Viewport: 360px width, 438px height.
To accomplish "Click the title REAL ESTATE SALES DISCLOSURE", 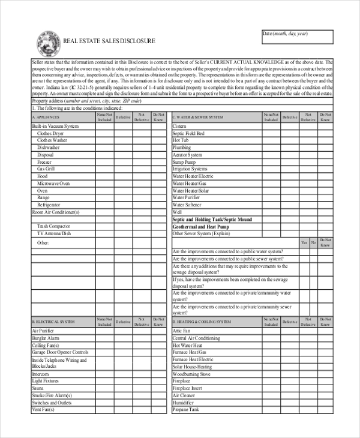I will point(109,41).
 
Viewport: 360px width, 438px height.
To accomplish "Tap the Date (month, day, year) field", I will point(296,37).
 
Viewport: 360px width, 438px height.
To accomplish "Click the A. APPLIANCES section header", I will point(46,118).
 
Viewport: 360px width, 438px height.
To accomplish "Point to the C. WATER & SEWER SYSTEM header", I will point(198,118).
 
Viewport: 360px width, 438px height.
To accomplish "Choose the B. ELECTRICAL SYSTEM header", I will point(53,322).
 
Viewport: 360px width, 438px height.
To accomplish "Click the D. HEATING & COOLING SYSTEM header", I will point(202,322).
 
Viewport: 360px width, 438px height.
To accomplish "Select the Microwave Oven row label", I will point(53,183).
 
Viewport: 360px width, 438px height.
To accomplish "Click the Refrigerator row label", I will point(49,205).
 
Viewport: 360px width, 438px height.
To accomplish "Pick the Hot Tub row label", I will point(181,140).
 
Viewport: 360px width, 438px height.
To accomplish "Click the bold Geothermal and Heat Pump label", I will point(200,227).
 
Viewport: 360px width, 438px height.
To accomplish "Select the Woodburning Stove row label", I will point(192,374).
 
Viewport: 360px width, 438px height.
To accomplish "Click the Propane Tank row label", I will point(185,410).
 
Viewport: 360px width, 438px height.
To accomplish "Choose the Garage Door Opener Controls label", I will point(60,352).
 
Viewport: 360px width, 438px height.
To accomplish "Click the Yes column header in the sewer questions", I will point(304,242).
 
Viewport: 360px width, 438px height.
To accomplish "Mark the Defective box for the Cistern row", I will point(290,127).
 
